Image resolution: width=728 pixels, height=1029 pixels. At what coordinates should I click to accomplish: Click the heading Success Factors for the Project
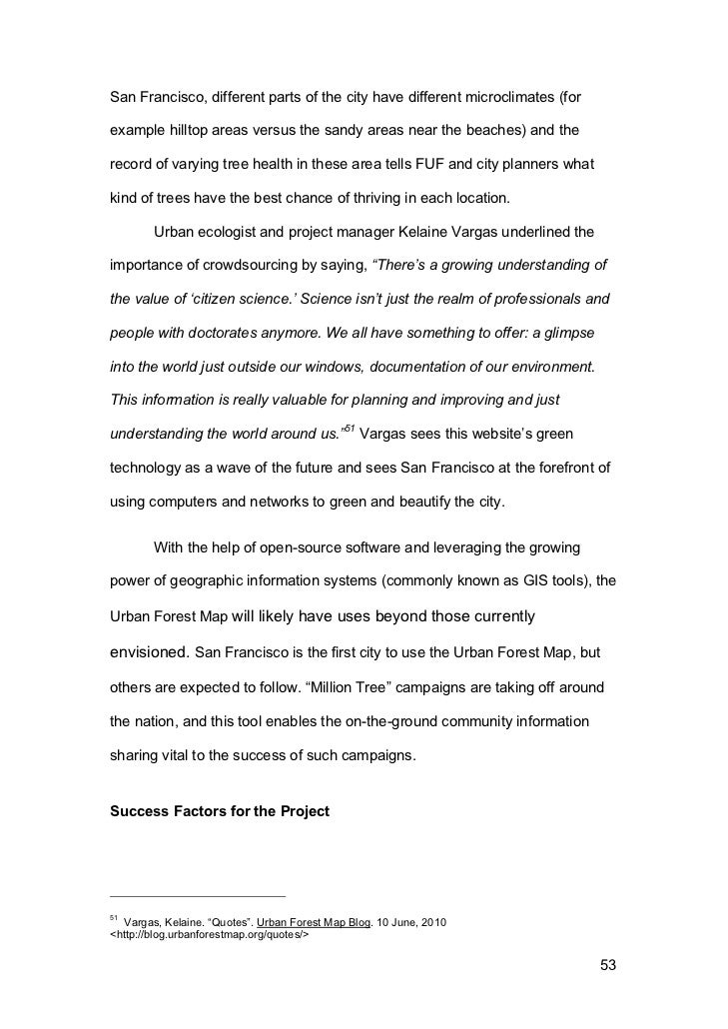[x=219, y=810]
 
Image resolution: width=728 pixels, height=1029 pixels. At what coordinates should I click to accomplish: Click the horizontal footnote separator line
[x=197, y=895]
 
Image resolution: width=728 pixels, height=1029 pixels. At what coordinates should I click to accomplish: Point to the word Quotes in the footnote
[x=211, y=921]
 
